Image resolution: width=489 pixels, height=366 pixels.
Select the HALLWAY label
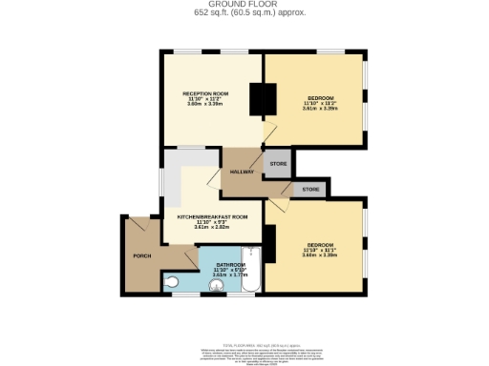[x=242, y=172]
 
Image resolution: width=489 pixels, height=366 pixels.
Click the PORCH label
[x=141, y=256]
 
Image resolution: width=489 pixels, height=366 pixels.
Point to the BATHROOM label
[x=229, y=264]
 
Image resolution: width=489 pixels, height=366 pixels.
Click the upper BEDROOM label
[x=319, y=97]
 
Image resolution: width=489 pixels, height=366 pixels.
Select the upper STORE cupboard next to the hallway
[x=278, y=164]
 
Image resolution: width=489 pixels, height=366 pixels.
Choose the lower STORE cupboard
[x=310, y=190]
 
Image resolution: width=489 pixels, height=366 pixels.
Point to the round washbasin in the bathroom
[x=215, y=283]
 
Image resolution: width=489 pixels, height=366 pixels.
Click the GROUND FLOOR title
[x=244, y=5]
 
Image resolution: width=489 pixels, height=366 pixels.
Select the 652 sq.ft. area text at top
[x=244, y=13]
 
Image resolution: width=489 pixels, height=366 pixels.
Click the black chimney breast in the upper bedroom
[x=263, y=99]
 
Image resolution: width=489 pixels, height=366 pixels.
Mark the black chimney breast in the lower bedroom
[x=269, y=247]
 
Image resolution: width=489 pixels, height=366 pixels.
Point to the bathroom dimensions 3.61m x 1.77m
[x=229, y=275]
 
